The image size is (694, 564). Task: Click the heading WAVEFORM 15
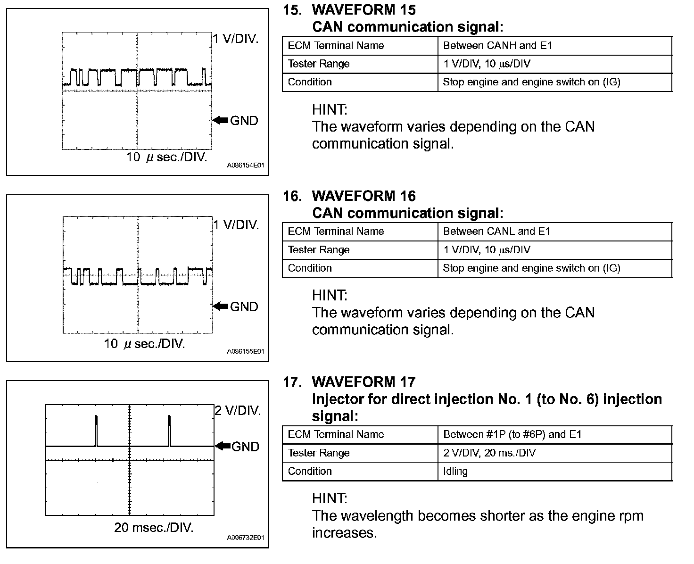coord(364,10)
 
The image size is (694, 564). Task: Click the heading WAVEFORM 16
coord(364,196)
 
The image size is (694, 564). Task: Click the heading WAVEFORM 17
coord(364,382)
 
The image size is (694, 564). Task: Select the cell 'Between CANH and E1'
coord(498,46)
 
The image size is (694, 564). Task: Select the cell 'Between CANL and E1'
coord(497,232)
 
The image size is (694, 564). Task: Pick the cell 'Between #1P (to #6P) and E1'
coord(512,434)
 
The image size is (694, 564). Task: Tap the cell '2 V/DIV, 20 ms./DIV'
coord(489,453)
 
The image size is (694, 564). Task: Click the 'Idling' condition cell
coord(455,471)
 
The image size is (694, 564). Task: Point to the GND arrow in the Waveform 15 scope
coord(220,120)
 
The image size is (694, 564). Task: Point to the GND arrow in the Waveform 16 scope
coord(220,306)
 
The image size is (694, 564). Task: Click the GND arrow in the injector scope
coord(223,446)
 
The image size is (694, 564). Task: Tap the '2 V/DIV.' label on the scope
coord(238,411)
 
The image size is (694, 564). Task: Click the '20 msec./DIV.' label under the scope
coord(154,527)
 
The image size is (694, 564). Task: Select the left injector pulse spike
coord(96,430)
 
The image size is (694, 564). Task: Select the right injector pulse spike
coord(169,430)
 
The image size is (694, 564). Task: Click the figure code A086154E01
coord(245,166)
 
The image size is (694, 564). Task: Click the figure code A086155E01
coord(245,351)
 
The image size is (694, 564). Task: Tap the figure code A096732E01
coord(245,538)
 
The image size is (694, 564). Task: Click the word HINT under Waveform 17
coord(330,498)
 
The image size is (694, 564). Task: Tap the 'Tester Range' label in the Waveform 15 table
coord(319,64)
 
